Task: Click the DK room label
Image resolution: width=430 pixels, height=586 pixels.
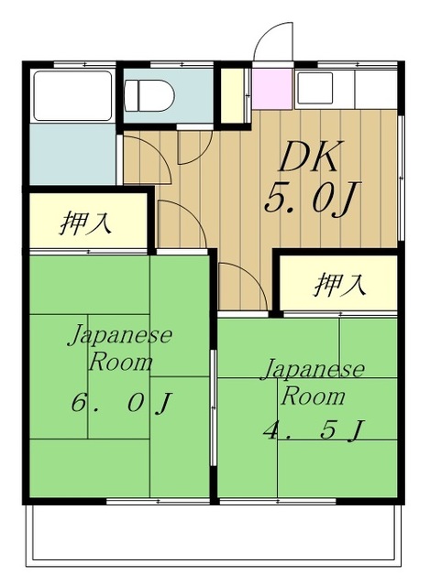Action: (x=309, y=159)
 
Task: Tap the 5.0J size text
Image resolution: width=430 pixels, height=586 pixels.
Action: (x=308, y=199)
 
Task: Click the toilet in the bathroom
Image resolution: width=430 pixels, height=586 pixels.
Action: (x=147, y=93)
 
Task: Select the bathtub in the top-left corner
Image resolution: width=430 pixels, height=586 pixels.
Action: (x=72, y=92)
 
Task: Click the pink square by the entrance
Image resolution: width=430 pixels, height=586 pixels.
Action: (x=270, y=87)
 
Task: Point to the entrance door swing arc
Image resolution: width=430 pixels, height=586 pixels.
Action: (x=272, y=41)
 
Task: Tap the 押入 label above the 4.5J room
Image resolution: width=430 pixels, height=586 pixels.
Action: (x=340, y=285)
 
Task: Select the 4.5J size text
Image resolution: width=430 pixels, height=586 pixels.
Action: (x=312, y=428)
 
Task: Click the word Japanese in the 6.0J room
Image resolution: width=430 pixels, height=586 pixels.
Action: (x=120, y=334)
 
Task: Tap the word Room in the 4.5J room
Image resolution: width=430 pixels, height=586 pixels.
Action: (x=313, y=396)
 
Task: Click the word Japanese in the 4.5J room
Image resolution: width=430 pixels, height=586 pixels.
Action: (x=313, y=370)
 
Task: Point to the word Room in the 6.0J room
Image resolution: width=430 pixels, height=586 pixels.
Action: (x=120, y=362)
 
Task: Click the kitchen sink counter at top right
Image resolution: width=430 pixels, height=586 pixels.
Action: (x=346, y=87)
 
